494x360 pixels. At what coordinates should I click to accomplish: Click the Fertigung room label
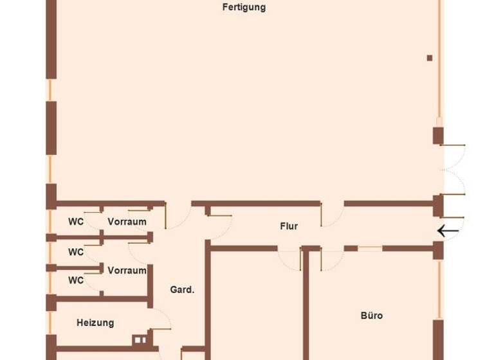coord(244,8)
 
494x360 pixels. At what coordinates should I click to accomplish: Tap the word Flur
coord(289,226)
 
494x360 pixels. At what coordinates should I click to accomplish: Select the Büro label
coord(371,316)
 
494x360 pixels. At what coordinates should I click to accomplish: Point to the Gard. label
coord(182,290)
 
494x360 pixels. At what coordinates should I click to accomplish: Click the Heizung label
coord(95,323)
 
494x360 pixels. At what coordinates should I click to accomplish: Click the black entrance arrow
coord(448,230)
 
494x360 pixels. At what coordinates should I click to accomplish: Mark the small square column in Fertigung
coord(430,58)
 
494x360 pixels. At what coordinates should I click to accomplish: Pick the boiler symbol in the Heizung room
coord(140,340)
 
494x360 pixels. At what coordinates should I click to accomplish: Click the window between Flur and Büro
coord(370,248)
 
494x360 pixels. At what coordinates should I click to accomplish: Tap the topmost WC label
coord(76,222)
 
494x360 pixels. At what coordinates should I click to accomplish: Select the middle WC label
coord(76,252)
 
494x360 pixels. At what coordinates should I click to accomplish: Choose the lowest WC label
coord(76,280)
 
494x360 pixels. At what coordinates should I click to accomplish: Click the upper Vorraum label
coord(127,222)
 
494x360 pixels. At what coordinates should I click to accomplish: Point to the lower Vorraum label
coord(127,271)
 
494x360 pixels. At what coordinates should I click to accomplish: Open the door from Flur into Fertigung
coord(331,215)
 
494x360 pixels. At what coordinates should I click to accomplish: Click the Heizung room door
coord(161,321)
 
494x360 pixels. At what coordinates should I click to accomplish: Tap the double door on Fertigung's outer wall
coord(453,169)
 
